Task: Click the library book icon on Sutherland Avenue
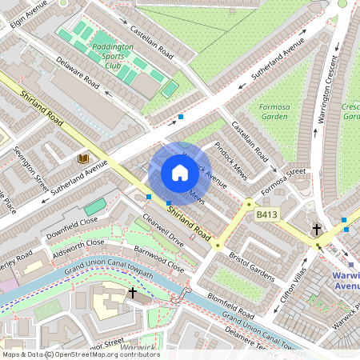click(x=82, y=159)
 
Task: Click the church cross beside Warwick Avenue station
click(x=317, y=230)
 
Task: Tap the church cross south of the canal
click(x=132, y=293)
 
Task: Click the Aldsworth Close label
click(x=77, y=246)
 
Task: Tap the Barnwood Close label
click(x=159, y=260)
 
